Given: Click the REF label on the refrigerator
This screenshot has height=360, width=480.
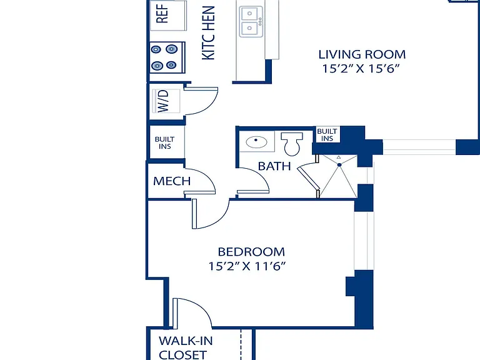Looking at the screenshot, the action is [x=162, y=14].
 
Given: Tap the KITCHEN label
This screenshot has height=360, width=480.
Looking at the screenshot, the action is [x=209, y=32].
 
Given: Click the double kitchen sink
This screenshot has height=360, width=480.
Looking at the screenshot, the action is [x=251, y=21].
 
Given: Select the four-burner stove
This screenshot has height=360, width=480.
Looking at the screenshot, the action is [x=167, y=57].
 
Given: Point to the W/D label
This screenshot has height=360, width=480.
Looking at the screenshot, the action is [x=163, y=101].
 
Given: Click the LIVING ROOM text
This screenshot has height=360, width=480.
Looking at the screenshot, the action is [x=362, y=54].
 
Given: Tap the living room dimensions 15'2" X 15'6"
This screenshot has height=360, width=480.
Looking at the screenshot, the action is [x=361, y=69].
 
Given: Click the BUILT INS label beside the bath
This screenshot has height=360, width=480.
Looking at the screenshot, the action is [x=327, y=135].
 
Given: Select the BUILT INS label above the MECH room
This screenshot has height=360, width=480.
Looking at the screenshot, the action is [x=165, y=143].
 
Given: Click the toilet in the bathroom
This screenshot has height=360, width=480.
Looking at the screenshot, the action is [x=292, y=144].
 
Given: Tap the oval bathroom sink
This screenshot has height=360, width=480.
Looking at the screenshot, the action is [x=256, y=142].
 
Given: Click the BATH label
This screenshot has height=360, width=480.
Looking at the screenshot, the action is [x=274, y=166].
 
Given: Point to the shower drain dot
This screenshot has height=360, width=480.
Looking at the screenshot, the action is [x=339, y=165].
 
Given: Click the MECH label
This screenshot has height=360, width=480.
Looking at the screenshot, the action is [x=172, y=181].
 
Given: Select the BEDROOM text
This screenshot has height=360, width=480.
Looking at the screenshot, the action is [x=251, y=252].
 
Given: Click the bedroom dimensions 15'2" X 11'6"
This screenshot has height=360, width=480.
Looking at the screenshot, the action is [x=247, y=266].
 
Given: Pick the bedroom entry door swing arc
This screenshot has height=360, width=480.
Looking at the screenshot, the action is [x=220, y=219].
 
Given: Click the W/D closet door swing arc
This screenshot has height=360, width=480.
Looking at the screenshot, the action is [x=209, y=106].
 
